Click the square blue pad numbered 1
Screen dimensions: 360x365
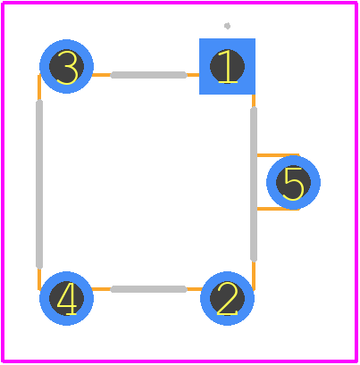[x=227, y=66]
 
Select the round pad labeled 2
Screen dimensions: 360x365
[x=227, y=298]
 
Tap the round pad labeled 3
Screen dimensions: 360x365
[x=66, y=66]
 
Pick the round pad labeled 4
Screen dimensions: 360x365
[x=66, y=298]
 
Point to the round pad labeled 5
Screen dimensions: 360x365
[x=293, y=182]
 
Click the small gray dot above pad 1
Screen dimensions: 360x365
[x=227, y=26]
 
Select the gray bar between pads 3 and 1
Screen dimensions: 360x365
[x=149, y=75]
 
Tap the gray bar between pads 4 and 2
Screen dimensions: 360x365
[x=149, y=289]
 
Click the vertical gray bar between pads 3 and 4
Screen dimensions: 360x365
[x=39, y=185]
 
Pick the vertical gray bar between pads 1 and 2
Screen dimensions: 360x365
[x=254, y=185]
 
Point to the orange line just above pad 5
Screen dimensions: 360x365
[x=278, y=155]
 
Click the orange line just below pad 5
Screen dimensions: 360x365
[x=278, y=209]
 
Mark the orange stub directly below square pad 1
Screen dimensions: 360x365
[x=254, y=101]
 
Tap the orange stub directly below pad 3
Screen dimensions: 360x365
[x=39, y=87]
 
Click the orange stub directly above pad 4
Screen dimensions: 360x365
[x=39, y=279]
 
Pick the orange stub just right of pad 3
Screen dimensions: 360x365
[x=102, y=75]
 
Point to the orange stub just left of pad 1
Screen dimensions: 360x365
[x=193, y=75]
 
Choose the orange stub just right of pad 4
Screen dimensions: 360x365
[x=101, y=289]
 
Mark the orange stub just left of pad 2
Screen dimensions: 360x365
[x=195, y=289]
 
